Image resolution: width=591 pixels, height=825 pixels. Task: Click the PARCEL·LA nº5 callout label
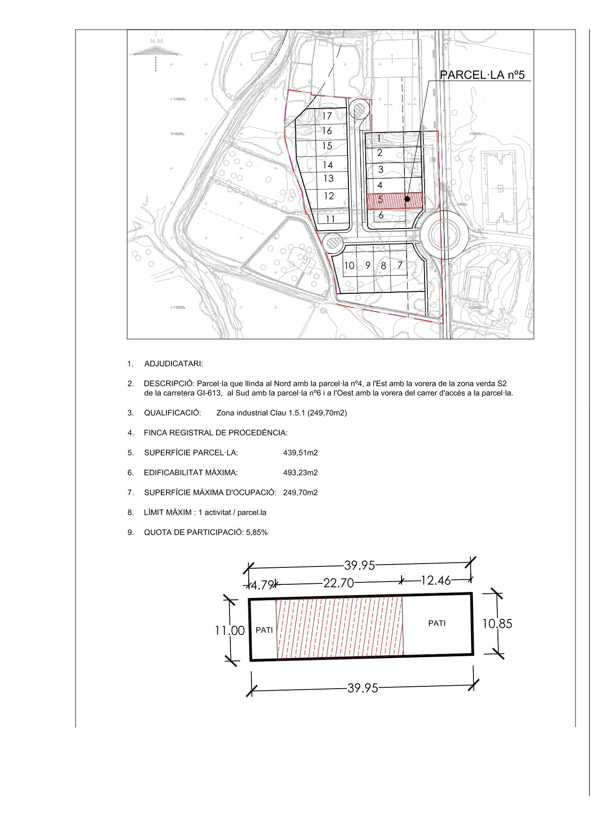tap(481, 75)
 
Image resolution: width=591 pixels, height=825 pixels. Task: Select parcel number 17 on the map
tap(327, 116)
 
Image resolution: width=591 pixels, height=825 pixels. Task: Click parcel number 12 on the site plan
tap(329, 196)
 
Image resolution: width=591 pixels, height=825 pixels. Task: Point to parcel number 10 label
tap(349, 266)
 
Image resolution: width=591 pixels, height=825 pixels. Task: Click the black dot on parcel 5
tap(407, 199)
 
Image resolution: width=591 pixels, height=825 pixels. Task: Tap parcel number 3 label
tap(380, 169)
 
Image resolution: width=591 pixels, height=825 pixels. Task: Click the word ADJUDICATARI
tap(173, 363)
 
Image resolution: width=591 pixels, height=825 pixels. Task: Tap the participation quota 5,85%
tap(257, 533)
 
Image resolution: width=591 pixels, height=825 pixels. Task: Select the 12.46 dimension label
tap(435, 581)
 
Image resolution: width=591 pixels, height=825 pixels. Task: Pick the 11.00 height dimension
tap(230, 630)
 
